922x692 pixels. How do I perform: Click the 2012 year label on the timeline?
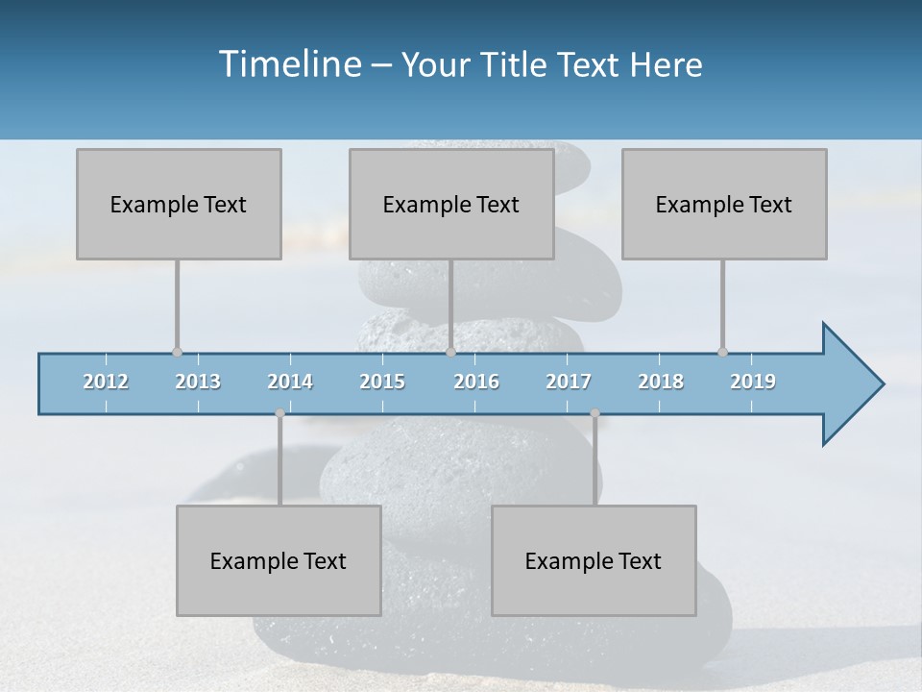pyautogui.click(x=106, y=382)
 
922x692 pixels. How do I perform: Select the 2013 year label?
pyautogui.click(x=198, y=382)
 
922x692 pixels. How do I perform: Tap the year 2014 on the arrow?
pyautogui.click(x=290, y=382)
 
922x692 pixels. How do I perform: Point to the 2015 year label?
pyautogui.click(x=382, y=382)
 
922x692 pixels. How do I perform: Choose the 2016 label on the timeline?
pyautogui.click(x=476, y=382)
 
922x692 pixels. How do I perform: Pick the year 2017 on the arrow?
pyautogui.click(x=569, y=382)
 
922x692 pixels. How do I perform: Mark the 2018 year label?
pyautogui.click(x=661, y=382)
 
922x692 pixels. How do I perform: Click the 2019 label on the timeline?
pyautogui.click(x=753, y=382)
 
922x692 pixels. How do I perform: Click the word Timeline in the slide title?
pyautogui.click(x=288, y=64)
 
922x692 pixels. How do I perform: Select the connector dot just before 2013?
pyautogui.click(x=177, y=353)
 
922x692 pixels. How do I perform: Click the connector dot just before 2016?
pyautogui.click(x=450, y=353)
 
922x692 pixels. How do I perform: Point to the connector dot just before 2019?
pyautogui.click(x=722, y=353)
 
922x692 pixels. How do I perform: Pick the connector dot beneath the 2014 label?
pyautogui.click(x=279, y=413)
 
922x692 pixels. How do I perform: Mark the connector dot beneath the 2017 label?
pyautogui.click(x=594, y=413)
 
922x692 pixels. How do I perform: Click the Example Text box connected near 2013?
pyautogui.click(x=179, y=204)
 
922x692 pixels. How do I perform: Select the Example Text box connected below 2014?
pyautogui.click(x=279, y=560)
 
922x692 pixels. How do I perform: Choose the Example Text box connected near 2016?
pyautogui.click(x=451, y=204)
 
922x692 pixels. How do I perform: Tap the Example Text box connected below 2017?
pyautogui.click(x=594, y=560)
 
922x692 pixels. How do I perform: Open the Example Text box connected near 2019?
pyautogui.click(x=724, y=204)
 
